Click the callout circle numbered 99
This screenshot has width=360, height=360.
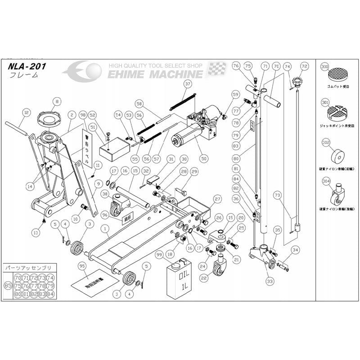tap(158, 255)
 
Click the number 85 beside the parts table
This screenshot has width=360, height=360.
tap(8, 285)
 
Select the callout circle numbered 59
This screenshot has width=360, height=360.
tap(235, 94)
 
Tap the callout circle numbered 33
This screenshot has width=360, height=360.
tap(270, 281)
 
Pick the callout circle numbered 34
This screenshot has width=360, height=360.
tap(295, 250)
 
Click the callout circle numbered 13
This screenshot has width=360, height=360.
tap(36, 232)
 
